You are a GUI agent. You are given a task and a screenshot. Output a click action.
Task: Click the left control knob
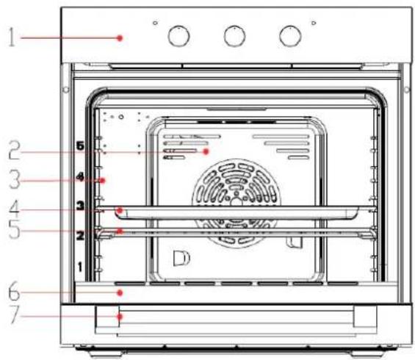[x=179, y=36]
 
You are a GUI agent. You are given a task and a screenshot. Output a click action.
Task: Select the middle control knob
[x=235, y=36]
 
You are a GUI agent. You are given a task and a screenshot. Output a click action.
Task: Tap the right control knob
[x=290, y=36]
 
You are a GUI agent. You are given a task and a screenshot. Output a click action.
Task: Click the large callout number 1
[x=11, y=37]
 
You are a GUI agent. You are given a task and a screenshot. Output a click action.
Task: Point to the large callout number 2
[x=14, y=150]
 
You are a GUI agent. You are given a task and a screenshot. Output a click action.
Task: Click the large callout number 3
[x=15, y=179]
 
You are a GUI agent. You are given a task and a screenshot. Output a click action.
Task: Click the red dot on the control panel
[x=120, y=38]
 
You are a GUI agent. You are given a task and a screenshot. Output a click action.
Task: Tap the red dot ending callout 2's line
[x=206, y=151]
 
